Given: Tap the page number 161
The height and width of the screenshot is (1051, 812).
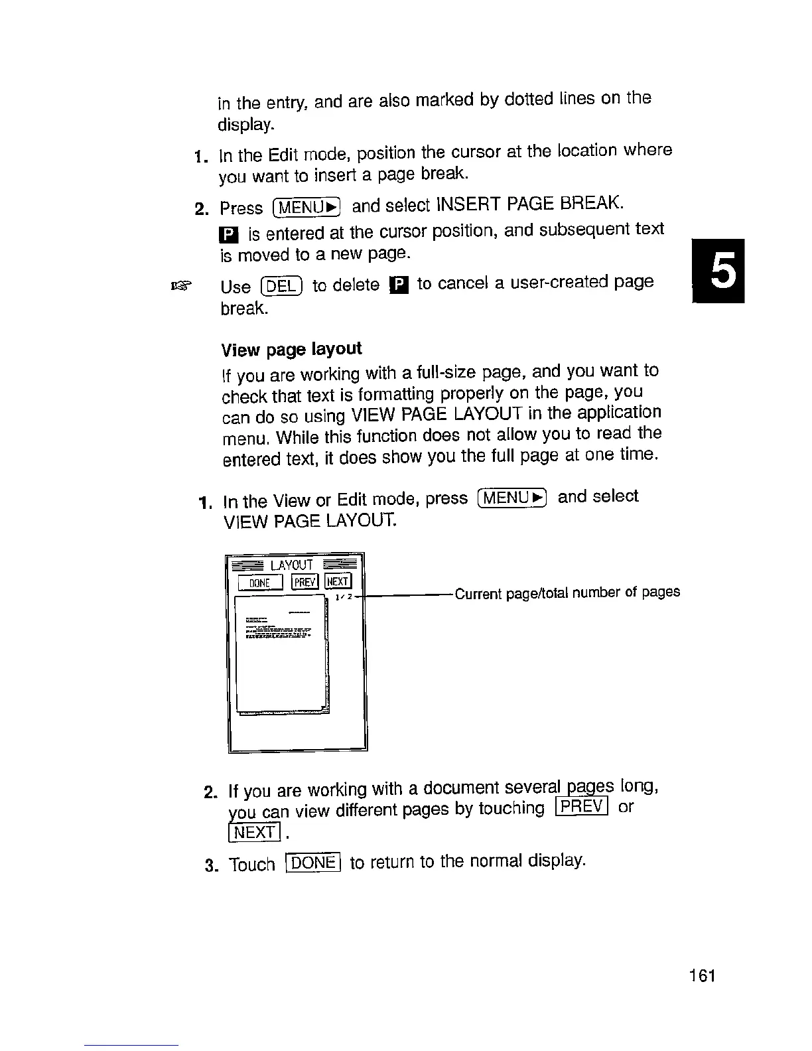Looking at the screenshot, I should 702,975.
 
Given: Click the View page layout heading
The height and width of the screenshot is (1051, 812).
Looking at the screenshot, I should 291,349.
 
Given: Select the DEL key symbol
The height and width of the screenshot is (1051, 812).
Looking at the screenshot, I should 282,287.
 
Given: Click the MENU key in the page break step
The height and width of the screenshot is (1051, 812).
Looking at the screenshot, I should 306,208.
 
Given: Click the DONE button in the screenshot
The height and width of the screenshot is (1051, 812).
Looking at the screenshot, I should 261,582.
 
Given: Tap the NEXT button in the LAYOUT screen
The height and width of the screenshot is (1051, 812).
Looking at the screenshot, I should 338,582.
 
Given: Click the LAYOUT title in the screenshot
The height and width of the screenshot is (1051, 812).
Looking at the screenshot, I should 292,565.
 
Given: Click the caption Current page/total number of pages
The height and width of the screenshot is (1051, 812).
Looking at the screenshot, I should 567,593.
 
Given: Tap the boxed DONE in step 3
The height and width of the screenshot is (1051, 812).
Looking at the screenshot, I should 312,863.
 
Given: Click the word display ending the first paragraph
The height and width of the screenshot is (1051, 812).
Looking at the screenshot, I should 245,125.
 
